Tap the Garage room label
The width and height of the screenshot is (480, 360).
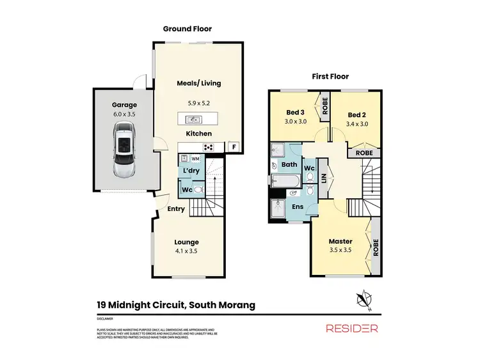click(x=125, y=104)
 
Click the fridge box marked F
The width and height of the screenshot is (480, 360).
click(x=234, y=146)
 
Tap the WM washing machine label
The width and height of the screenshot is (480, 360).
click(x=195, y=158)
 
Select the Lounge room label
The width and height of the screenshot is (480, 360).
click(x=186, y=242)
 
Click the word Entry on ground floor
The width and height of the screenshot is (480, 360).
click(x=176, y=209)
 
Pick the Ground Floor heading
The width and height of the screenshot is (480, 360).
click(x=187, y=29)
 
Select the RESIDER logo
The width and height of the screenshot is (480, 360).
click(x=351, y=328)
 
